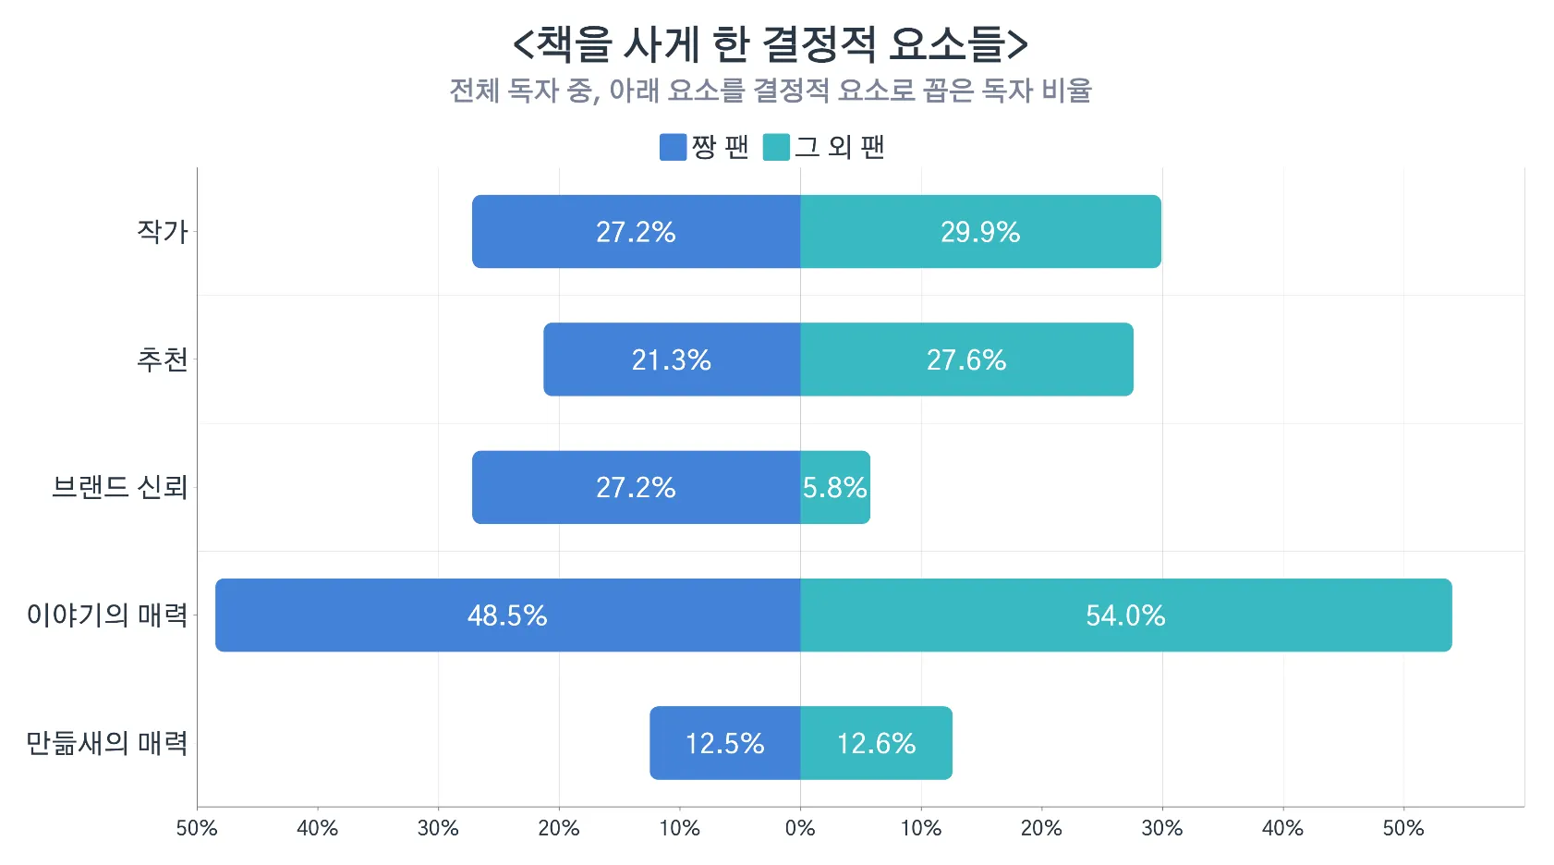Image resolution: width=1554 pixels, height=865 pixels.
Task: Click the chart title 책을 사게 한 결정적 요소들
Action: click(x=770, y=43)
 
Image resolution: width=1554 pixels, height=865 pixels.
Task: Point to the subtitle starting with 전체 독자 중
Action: click(x=770, y=91)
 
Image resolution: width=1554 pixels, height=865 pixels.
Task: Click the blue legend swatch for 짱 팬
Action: click(x=673, y=147)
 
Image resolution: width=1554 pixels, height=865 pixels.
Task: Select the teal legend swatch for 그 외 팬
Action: click(x=776, y=147)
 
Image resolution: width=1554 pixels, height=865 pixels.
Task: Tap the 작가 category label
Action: click(x=162, y=231)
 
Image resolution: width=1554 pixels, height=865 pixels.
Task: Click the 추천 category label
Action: click(x=162, y=359)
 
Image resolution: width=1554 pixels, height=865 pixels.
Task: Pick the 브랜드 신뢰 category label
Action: click(x=120, y=487)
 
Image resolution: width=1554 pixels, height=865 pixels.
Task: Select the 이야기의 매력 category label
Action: click(x=107, y=615)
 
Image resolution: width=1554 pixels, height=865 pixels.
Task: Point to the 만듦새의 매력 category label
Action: click(x=107, y=743)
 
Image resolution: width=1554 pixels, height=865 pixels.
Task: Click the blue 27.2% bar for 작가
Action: click(x=636, y=231)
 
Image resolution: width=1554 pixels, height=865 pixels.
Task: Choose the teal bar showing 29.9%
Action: click(x=980, y=231)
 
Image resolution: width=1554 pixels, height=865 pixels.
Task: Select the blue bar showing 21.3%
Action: click(x=672, y=359)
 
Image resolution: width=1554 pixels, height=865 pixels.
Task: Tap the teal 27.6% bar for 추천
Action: click(x=966, y=359)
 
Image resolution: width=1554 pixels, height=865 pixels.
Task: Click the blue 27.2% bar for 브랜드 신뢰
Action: click(x=636, y=487)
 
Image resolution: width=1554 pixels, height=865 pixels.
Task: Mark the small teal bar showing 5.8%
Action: click(x=835, y=487)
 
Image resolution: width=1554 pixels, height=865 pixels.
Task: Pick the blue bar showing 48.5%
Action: click(x=507, y=615)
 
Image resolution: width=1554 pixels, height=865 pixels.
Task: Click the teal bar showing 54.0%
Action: click(x=1125, y=615)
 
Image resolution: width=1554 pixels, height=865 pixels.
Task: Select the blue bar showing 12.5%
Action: click(x=724, y=743)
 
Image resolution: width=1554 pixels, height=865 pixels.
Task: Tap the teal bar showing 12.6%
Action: click(x=876, y=743)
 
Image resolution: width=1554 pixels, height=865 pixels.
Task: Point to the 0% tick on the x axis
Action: click(x=800, y=828)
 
